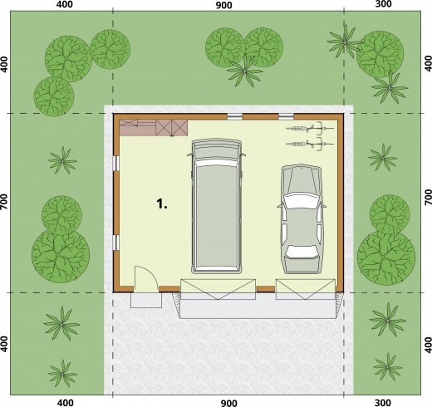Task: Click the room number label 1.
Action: click(162, 203)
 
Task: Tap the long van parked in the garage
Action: click(217, 207)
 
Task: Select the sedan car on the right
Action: click(302, 219)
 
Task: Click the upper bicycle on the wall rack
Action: click(310, 129)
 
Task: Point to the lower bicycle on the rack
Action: click(310, 144)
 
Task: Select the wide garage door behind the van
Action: click(218, 289)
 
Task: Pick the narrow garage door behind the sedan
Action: click(306, 289)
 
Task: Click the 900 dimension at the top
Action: click(223, 5)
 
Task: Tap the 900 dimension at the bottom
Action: click(228, 403)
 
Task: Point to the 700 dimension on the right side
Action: click(428, 197)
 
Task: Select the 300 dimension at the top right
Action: click(383, 4)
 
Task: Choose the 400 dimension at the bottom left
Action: click(65, 402)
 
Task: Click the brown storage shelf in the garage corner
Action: click(154, 128)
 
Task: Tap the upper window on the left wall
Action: click(116, 163)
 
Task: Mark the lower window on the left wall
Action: click(116, 243)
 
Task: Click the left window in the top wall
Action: click(235, 116)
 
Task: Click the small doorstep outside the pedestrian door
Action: click(146, 300)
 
